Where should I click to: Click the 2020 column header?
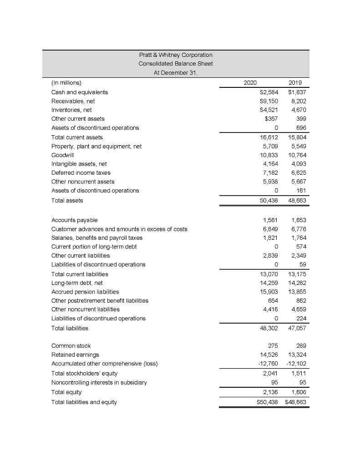[x=250, y=83]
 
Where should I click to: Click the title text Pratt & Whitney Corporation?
[x=176, y=55]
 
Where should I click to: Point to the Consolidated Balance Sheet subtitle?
[x=176, y=63]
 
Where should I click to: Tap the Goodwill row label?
[x=61, y=155]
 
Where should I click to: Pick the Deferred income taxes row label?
[x=81, y=172]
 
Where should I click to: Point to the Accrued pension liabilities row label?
[x=85, y=292]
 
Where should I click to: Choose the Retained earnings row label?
[x=75, y=355]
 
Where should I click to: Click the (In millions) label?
[x=66, y=83]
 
